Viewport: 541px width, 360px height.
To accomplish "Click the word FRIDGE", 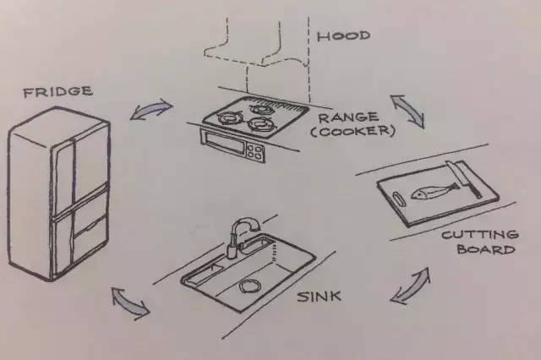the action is [x=58, y=91].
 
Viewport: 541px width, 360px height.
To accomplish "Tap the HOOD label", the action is [x=344, y=35].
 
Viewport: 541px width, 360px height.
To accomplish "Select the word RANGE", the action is [x=347, y=117].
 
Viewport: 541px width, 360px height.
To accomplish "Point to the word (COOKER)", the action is [x=352, y=131].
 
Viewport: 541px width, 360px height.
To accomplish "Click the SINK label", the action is [x=320, y=297].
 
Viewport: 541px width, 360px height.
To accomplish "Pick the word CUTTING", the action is [x=480, y=235].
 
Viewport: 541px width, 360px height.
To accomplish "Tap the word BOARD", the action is [x=486, y=249].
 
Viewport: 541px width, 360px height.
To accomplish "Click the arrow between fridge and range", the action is [x=151, y=109].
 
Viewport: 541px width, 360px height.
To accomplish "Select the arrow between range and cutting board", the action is [x=407, y=111].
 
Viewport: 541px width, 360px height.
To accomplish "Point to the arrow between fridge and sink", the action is [x=130, y=302].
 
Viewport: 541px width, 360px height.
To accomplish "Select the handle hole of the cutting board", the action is [x=398, y=199].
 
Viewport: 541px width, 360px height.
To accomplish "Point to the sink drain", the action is [x=250, y=286].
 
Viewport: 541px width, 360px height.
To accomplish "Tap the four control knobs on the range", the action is [x=255, y=152].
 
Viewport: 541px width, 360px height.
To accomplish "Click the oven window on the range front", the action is [x=223, y=142].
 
